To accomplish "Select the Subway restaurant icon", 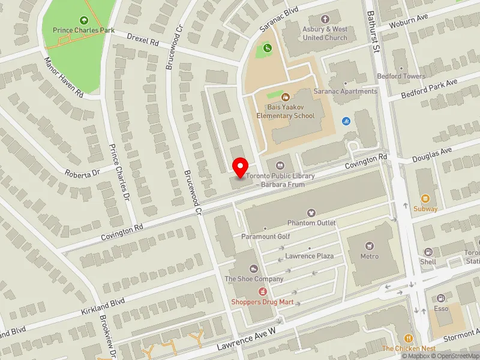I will pyautogui.click(x=425, y=199).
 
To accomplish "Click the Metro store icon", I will pyautogui.click(x=370, y=245).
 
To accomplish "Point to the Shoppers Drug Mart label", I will pyautogui.click(x=263, y=301).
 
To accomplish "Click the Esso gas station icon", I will pyautogui.click(x=442, y=298).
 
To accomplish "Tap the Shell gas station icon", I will pyautogui.click(x=428, y=252).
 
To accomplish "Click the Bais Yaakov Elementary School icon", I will pyautogui.click(x=286, y=95).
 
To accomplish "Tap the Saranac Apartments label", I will pyautogui.click(x=350, y=91).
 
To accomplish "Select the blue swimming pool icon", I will pyautogui.click(x=346, y=121).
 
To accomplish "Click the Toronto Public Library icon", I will pyautogui.click(x=280, y=166).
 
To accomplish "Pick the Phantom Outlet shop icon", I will pyautogui.click(x=311, y=212).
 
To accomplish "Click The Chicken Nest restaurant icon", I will pyautogui.click(x=409, y=338).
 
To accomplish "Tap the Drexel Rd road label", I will pyautogui.click(x=143, y=40).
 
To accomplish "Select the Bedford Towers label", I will pyautogui.click(x=401, y=76).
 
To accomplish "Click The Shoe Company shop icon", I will pyautogui.click(x=254, y=268).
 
